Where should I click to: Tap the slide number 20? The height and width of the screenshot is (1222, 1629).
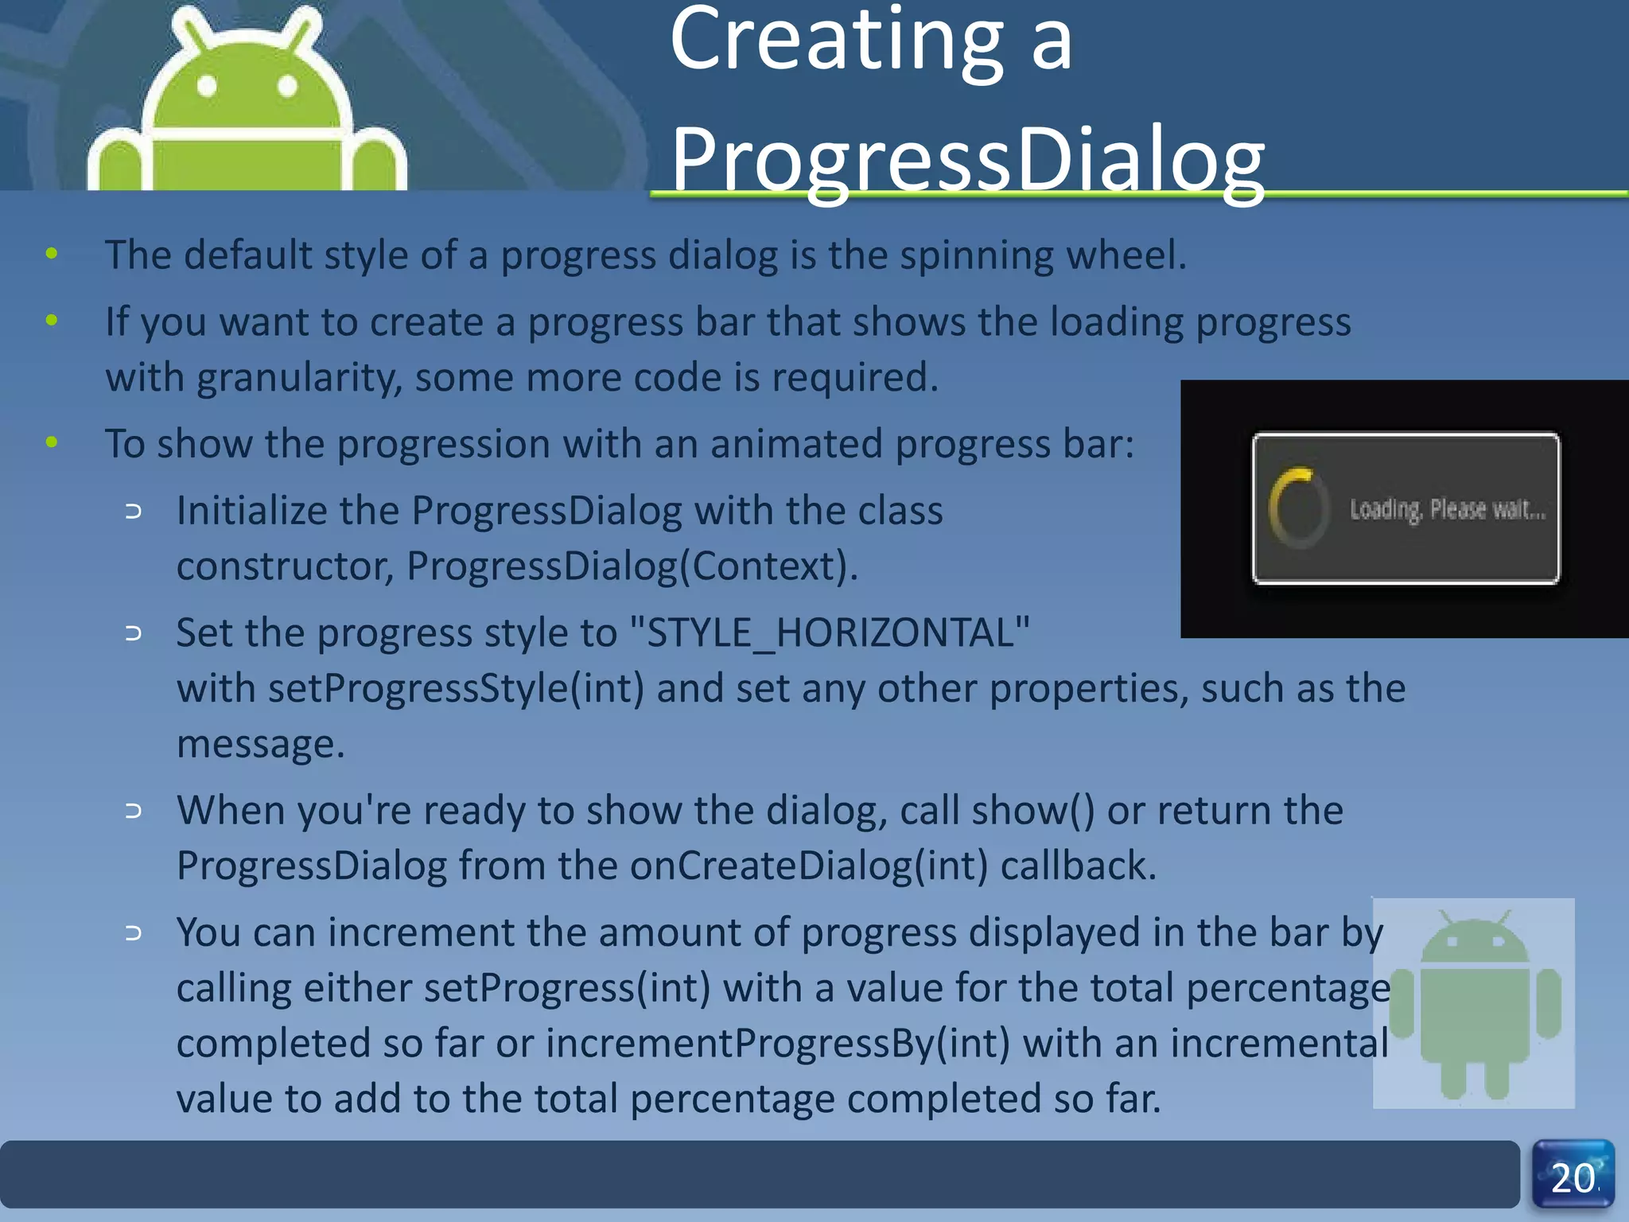1573,1177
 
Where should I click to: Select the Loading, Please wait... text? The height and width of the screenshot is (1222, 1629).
1448,509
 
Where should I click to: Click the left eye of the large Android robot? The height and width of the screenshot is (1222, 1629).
207,85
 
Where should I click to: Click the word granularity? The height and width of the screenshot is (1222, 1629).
299,377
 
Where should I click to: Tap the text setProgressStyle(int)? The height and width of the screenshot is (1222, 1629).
456,689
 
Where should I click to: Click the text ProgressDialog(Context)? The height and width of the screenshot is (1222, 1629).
632,566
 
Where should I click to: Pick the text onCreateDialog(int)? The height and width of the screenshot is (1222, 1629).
809,866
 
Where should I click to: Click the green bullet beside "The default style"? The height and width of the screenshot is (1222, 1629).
52,254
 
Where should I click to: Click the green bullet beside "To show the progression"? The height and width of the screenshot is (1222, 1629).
52,442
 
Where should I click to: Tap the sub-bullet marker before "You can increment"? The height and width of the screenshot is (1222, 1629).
134,933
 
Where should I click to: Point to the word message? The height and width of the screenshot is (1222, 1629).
260,745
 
